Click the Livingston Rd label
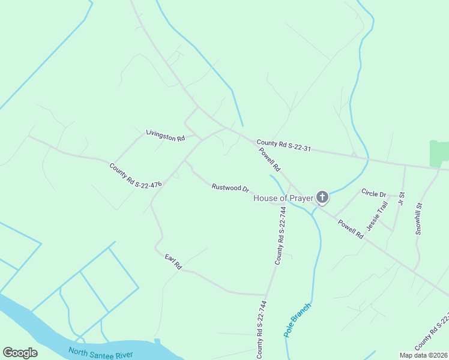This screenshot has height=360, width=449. (165, 135)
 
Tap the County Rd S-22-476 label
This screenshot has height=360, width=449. (136, 176)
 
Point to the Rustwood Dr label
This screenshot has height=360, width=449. (230, 188)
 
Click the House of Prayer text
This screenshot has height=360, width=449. (283, 198)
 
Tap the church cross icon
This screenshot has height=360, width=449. (322, 197)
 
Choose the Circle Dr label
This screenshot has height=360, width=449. (374, 193)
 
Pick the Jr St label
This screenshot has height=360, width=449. (402, 198)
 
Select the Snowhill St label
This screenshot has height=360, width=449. (420, 218)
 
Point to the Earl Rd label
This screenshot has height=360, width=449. (173, 262)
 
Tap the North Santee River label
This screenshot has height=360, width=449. (101, 353)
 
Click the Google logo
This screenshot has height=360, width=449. (20, 353)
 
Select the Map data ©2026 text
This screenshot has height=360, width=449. (423, 355)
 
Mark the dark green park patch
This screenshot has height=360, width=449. (439, 154)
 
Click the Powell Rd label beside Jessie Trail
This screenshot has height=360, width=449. (351, 229)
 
